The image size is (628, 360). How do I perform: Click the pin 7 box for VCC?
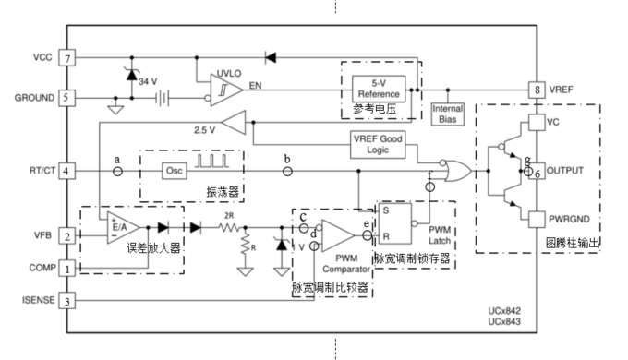click(66, 58)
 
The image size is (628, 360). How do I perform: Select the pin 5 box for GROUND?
click(66, 96)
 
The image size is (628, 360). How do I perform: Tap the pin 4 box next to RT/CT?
click(66, 171)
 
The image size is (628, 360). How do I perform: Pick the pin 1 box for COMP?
click(66, 268)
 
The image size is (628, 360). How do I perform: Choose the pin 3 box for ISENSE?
click(66, 300)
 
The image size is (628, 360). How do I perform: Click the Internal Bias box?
click(448, 114)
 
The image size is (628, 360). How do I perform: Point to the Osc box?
click(175, 171)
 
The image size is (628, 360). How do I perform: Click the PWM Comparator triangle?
click(340, 234)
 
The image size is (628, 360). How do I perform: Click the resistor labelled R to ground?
click(246, 247)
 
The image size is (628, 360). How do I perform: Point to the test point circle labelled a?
click(117, 171)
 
